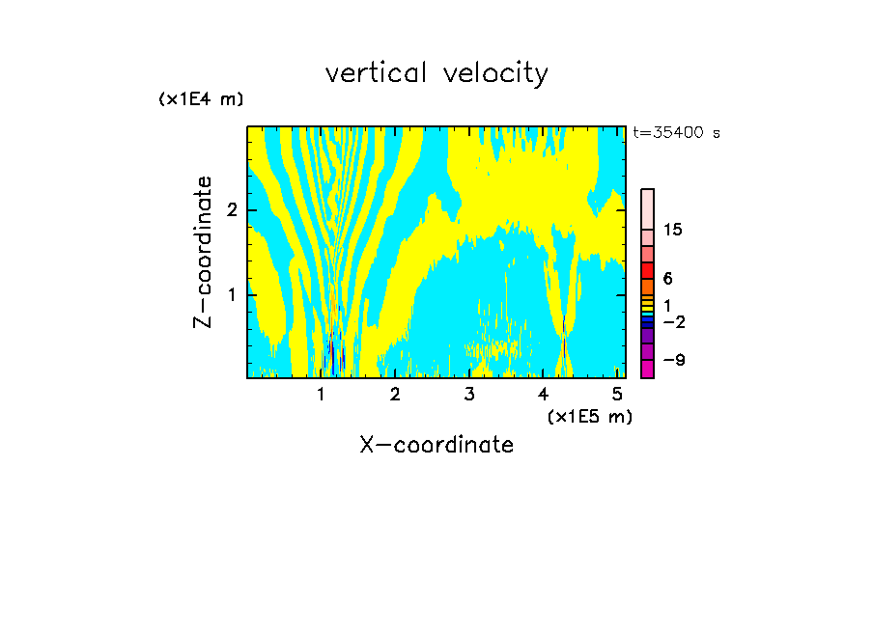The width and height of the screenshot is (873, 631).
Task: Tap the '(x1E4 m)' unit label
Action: [x=201, y=99]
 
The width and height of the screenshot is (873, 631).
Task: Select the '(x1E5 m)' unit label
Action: [x=589, y=416]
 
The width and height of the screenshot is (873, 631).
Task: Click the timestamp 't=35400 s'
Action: [x=676, y=133]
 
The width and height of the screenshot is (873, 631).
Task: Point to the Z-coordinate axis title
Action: [x=203, y=252]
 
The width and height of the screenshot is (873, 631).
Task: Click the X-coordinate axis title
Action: [x=436, y=445]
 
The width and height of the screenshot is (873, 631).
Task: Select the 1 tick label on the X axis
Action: [x=321, y=395]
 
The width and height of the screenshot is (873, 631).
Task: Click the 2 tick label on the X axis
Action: [x=395, y=395]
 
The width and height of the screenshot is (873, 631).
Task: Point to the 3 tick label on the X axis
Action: [x=469, y=395]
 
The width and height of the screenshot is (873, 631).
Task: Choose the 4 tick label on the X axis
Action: [x=543, y=395]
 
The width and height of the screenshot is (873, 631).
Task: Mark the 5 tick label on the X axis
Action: [x=617, y=395]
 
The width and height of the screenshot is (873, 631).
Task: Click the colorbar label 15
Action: [x=673, y=230]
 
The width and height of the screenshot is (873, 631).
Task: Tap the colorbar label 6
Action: [x=667, y=278]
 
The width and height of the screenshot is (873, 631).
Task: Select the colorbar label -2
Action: [x=673, y=321]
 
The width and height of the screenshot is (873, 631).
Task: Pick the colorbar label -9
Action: [x=673, y=361]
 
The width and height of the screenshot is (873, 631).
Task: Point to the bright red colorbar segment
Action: [x=647, y=270]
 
